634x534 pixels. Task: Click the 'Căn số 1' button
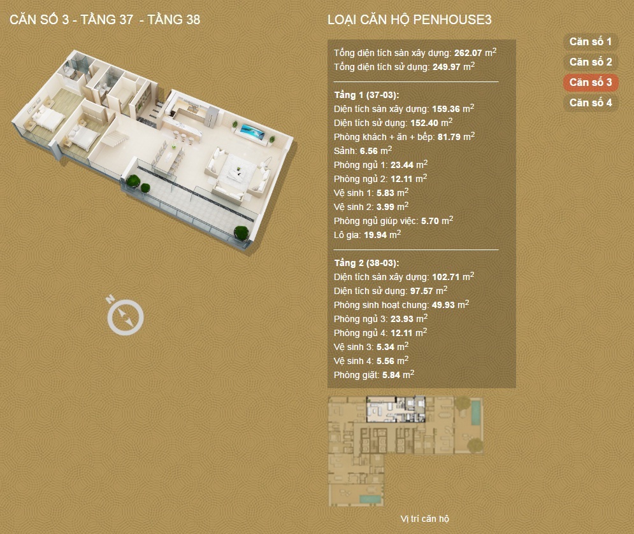(x=590, y=41)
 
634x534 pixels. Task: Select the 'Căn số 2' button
(x=590, y=62)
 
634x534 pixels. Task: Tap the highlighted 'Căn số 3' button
(x=590, y=82)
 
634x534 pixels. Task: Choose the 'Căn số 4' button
(x=590, y=102)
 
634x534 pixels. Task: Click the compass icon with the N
(x=125, y=316)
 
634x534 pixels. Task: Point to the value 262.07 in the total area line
(x=468, y=53)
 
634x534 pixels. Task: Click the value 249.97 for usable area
(x=447, y=67)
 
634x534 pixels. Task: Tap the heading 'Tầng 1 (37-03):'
(x=366, y=95)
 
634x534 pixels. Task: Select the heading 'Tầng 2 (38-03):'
(x=366, y=263)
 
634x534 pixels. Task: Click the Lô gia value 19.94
(x=375, y=235)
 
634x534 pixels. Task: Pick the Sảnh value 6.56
(x=368, y=151)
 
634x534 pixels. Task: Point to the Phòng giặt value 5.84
(x=391, y=375)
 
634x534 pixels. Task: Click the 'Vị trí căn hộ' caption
(x=424, y=519)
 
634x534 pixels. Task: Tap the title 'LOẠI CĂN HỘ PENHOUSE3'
(x=409, y=20)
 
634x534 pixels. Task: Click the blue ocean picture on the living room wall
(x=252, y=131)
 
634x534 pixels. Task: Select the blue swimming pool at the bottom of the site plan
(x=370, y=499)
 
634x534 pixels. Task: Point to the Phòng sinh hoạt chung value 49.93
(x=443, y=305)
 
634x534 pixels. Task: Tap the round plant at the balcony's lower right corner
(x=241, y=234)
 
